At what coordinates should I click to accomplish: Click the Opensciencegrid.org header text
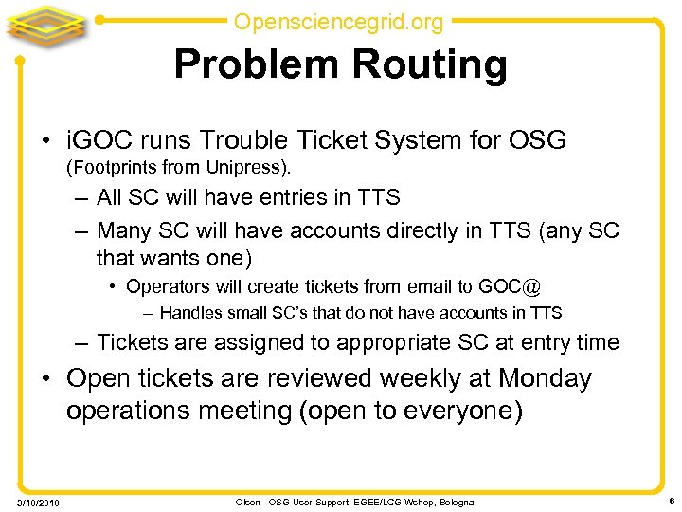(x=338, y=21)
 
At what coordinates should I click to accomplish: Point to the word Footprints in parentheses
(x=107, y=169)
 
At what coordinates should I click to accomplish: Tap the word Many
(x=124, y=230)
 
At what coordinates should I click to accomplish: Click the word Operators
(x=165, y=286)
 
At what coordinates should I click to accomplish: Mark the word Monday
(x=545, y=378)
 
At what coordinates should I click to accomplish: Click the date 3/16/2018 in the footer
(x=37, y=502)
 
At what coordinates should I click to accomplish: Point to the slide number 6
(x=669, y=500)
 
